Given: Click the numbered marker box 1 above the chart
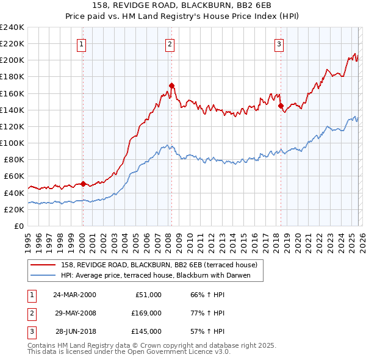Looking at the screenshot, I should pos(82,43).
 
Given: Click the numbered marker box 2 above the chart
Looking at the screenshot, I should pos(170,43).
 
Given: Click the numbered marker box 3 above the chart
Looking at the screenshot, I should pos(279,43).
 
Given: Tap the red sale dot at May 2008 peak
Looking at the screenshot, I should pos(171,85).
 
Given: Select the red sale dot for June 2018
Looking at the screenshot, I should pos(281,106).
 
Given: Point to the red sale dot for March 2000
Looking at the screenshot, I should pos(83,183).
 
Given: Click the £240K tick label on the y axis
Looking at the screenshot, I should pos(12,27).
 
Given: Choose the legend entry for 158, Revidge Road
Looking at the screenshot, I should pos(159,265).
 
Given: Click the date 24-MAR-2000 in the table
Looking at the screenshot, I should pos(74,295).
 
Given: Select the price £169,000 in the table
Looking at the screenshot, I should pos(147,313).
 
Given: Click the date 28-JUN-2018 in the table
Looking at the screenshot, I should pos(74,331).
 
